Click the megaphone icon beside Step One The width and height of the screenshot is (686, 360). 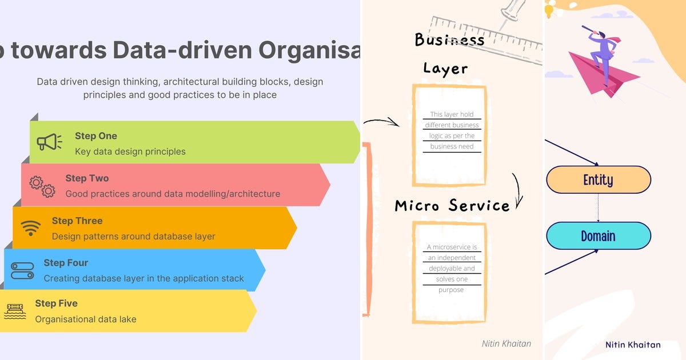click(49, 142)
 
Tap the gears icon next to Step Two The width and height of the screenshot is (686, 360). click(42, 187)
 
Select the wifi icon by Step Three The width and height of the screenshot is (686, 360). click(31, 228)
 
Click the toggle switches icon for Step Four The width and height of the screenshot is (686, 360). click(22, 270)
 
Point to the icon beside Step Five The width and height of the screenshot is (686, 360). click(15, 311)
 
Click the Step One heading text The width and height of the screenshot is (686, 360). click(95, 136)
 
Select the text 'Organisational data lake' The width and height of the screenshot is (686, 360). click(86, 319)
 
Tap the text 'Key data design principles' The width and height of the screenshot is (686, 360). click(130, 151)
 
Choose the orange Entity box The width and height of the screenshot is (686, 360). click(598, 180)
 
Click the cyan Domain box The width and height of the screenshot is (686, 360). click(598, 236)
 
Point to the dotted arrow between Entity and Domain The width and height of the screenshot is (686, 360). click(598, 208)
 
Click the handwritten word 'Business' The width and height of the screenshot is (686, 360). click(449, 40)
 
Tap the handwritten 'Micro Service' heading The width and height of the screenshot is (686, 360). click(452, 206)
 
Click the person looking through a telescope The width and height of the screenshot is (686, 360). click(600, 51)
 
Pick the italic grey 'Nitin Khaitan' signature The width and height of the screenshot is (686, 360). click(506, 343)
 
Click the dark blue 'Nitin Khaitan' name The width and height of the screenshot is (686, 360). click(633, 345)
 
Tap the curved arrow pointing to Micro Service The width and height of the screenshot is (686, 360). click(517, 190)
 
